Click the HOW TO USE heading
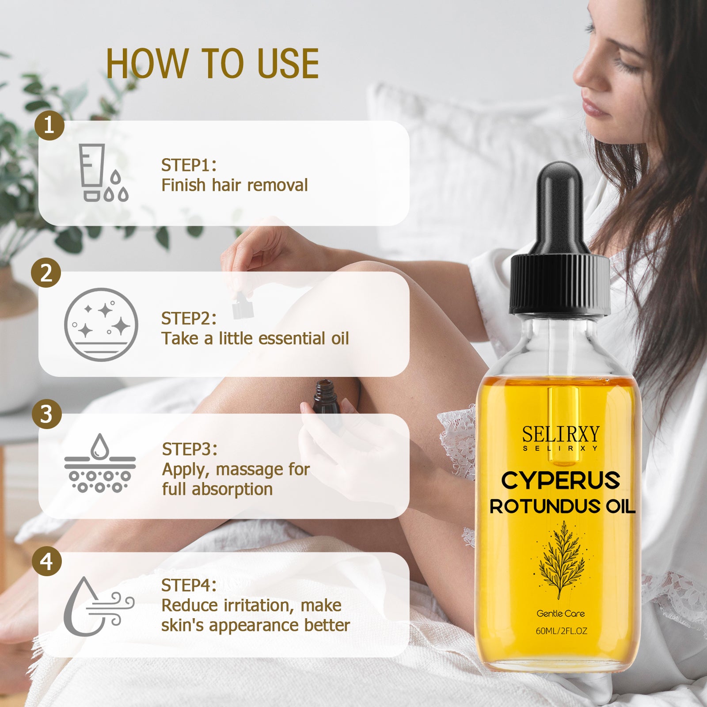pos(213,64)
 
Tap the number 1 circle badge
pos(49,125)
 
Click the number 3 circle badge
pos(47,414)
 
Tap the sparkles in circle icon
pos(101,325)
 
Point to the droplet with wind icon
pos(99,606)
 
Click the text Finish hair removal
pos(234,185)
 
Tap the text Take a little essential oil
pos(255,338)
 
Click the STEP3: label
pos(190,449)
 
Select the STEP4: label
pos(189,585)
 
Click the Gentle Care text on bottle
pos(561,613)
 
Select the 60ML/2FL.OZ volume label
pos(561,631)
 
